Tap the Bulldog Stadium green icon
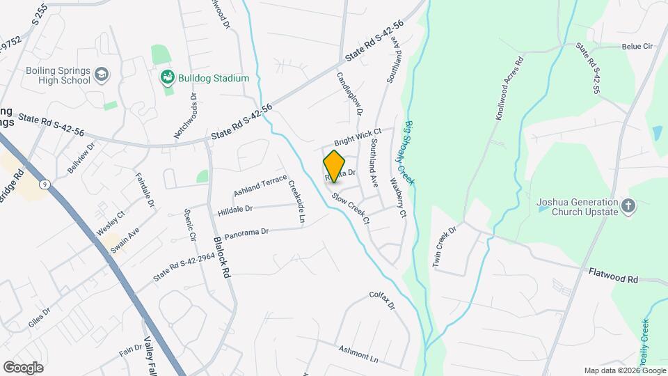point(166,77)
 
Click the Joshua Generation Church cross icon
point(628,205)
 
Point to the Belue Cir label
point(637,47)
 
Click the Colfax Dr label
point(382,300)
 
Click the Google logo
point(23,367)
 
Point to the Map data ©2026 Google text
point(624,370)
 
